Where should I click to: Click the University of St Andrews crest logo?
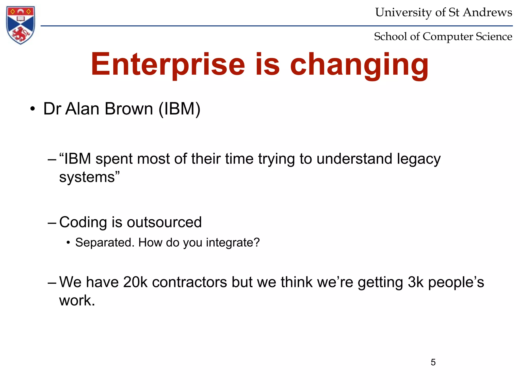pyautogui.click(x=21, y=25)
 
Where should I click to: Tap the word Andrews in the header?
pyautogui.click(x=487, y=12)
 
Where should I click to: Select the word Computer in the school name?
pyautogui.click(x=448, y=37)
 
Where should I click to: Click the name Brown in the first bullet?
pyautogui.click(x=129, y=109)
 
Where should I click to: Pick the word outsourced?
pyautogui.click(x=164, y=222)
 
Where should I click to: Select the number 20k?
pyautogui.click(x=135, y=282)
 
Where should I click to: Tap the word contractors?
pyautogui.click(x=189, y=282)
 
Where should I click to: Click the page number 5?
pyautogui.click(x=433, y=362)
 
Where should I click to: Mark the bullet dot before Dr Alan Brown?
pyautogui.click(x=32, y=109)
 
